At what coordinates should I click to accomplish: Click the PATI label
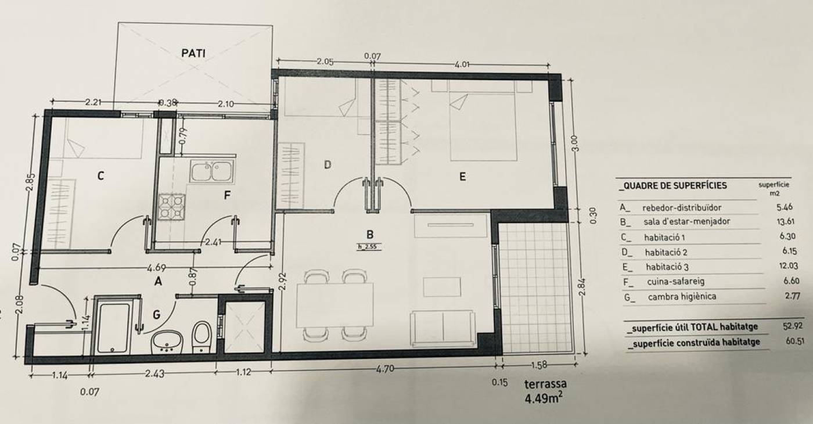193,53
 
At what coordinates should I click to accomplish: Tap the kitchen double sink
212,171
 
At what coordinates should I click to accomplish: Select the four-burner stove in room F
172,207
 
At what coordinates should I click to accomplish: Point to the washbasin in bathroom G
167,342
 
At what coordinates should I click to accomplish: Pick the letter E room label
462,177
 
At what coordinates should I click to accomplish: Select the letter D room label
328,165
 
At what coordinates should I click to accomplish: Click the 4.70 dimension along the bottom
384,369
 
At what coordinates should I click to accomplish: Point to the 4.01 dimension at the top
462,64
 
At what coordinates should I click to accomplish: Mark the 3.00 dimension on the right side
574,143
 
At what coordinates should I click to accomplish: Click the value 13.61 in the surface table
787,221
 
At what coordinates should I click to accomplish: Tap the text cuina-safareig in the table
675,281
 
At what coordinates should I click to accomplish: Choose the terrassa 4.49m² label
545,391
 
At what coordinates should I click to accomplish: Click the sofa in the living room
443,329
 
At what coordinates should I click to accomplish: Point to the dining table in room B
334,305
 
